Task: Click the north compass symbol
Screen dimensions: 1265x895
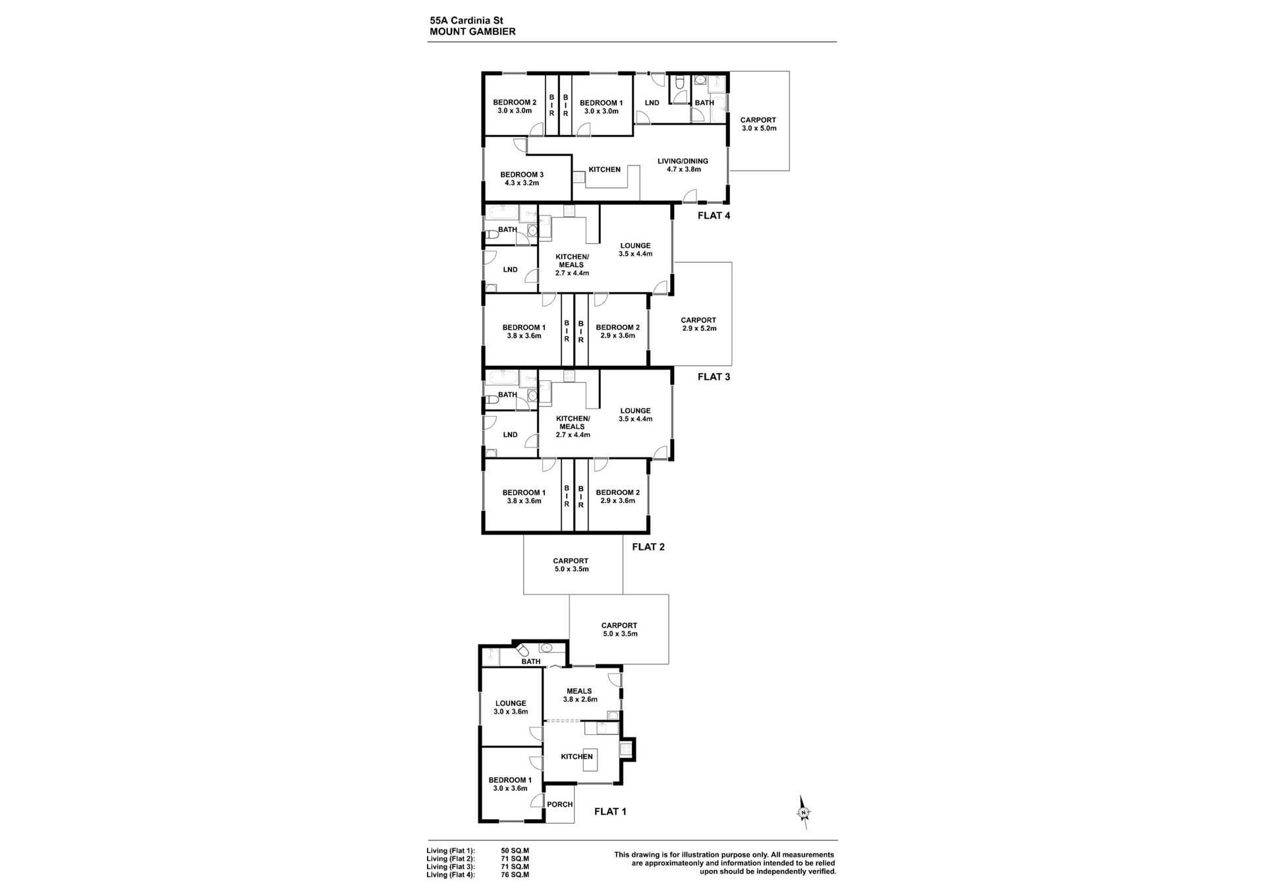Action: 803,812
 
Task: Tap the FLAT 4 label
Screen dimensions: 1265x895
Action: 714,216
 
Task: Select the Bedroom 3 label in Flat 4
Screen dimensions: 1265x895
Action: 522,179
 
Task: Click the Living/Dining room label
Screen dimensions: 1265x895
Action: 683,165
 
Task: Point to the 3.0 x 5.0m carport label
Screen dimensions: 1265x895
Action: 758,124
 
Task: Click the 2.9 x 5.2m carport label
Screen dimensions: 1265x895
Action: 698,324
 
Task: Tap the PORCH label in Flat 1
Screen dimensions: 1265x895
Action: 560,804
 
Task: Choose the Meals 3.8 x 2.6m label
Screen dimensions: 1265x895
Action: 580,695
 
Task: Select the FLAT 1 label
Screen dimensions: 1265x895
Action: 610,811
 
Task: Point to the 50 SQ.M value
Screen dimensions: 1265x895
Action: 515,851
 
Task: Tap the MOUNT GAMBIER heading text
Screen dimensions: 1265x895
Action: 472,32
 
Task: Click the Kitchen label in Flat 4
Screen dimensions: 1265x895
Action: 605,169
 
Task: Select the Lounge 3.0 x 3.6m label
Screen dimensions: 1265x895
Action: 511,707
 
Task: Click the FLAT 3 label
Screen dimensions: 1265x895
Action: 714,377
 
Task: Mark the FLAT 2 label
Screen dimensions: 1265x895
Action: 648,546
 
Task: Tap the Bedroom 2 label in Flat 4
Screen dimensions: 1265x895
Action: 515,107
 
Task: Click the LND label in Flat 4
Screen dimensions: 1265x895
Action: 652,103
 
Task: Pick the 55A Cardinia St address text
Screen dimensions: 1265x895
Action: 466,20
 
